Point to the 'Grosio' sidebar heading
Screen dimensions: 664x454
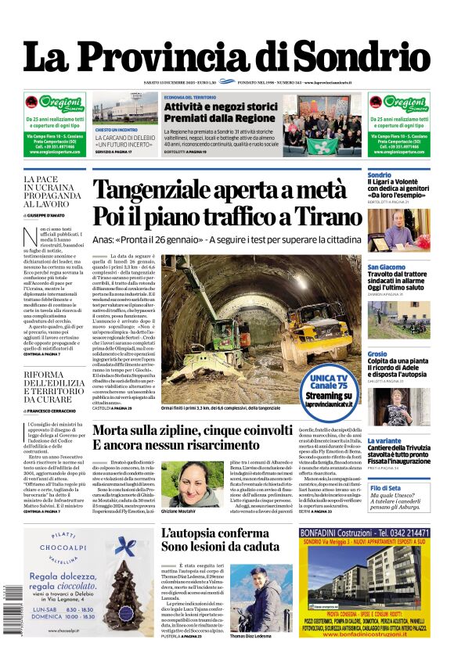click(377, 354)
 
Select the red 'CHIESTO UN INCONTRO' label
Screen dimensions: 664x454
click(117, 130)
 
